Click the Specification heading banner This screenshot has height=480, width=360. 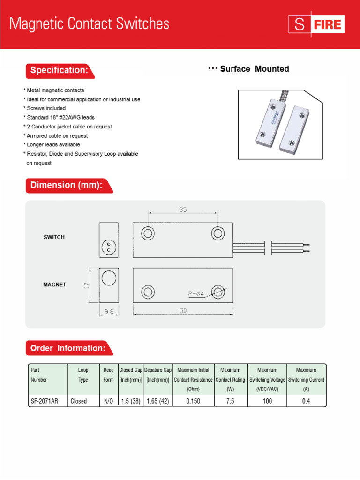tap(59, 70)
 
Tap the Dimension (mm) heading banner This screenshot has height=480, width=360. tap(66, 185)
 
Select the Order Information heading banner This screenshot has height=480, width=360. tap(67, 348)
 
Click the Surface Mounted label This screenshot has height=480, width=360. tap(254, 69)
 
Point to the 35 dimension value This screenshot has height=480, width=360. tap(182, 210)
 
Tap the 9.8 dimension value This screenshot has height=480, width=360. tap(108, 311)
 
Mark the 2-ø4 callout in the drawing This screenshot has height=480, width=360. tap(196, 294)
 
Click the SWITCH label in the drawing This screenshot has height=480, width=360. tap(54, 237)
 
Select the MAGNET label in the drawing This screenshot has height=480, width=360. tap(55, 285)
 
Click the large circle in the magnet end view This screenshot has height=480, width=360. tap(109, 278)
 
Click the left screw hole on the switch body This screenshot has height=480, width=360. tap(148, 233)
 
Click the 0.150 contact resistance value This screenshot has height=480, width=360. tap(193, 401)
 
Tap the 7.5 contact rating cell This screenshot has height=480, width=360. tap(230, 401)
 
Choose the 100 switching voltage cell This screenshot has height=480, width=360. tap(267, 401)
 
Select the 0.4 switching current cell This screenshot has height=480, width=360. tap(306, 401)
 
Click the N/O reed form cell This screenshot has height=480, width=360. tap(108, 401)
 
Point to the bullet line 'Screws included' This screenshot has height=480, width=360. tap(45, 108)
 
